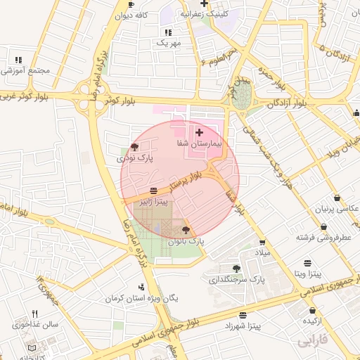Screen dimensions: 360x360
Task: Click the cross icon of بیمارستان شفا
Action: point(199,132)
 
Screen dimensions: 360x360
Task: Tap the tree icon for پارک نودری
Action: point(134,147)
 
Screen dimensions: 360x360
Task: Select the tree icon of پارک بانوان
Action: point(186,230)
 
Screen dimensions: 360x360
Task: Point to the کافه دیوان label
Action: point(134,15)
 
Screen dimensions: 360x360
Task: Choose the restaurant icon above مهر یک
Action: point(168,32)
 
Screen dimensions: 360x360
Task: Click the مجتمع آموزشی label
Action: point(23,71)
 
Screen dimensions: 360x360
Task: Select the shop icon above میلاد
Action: point(262,242)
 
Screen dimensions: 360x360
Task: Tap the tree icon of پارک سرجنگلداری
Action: point(236,268)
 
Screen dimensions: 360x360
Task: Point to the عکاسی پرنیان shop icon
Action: point(337,198)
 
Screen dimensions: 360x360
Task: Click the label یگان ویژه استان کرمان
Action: point(141,298)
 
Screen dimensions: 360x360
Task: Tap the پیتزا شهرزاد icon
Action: point(243,315)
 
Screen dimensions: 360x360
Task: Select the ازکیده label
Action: point(313,321)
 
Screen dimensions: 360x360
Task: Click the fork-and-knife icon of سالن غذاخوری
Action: point(34,314)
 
